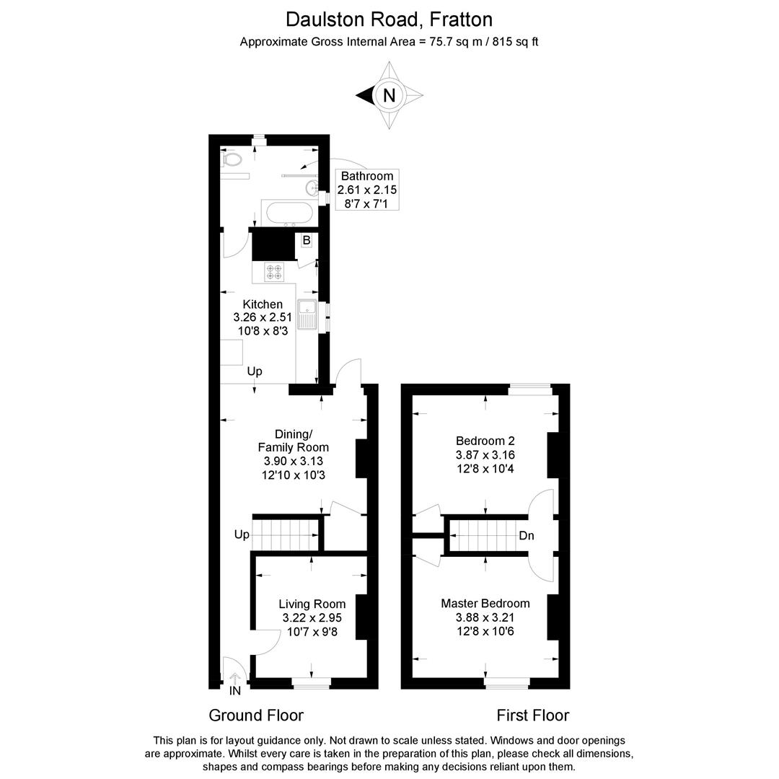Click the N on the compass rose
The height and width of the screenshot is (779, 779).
[389, 95]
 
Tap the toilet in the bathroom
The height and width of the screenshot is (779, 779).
[231, 160]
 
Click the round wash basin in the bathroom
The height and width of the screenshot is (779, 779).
[312, 188]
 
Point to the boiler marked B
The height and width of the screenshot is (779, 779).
[307, 240]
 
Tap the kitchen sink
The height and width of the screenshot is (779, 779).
[307, 315]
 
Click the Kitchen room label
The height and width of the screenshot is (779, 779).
[263, 304]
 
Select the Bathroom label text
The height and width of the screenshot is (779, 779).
[367, 176]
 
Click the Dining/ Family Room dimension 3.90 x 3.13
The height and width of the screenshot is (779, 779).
[293, 461]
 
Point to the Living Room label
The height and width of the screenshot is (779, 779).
[312, 604]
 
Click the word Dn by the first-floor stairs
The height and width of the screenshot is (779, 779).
[527, 535]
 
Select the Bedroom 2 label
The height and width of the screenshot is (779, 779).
[485, 441]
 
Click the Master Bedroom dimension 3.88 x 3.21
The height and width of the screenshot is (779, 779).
[485, 617]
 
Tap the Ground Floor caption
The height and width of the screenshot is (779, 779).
[256, 716]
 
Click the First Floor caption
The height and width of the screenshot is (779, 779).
[532, 716]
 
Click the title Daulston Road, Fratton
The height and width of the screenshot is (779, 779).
[389, 20]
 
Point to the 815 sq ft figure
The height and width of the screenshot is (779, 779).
[515, 42]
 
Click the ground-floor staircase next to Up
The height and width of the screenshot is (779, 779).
[285, 535]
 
